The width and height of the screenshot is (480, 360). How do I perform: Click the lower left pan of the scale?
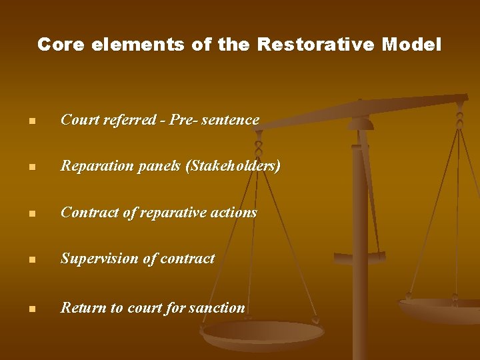[x=263, y=333]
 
